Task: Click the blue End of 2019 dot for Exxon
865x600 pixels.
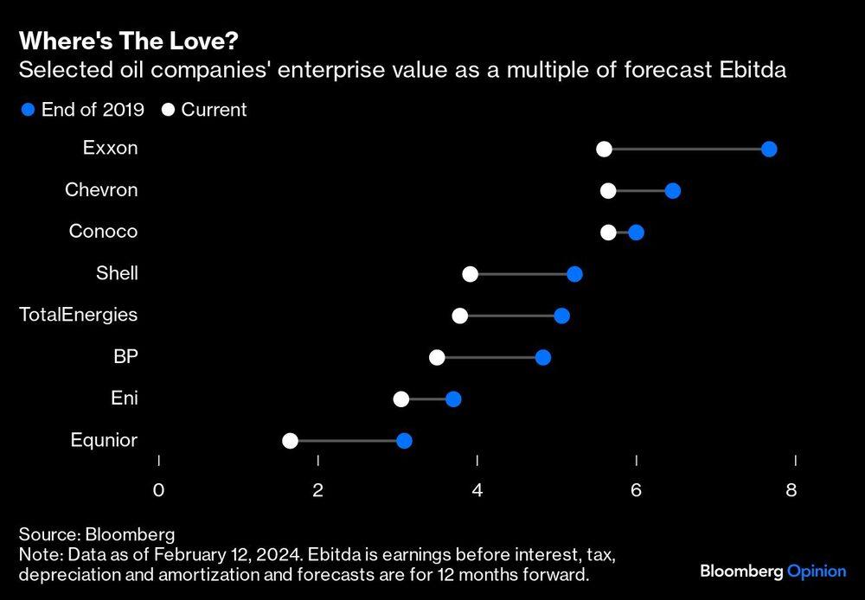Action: click(769, 150)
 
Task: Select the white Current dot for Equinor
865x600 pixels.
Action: click(290, 441)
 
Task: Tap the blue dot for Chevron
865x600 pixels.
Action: click(672, 191)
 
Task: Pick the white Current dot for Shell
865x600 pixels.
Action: click(470, 274)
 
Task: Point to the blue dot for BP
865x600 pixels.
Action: click(542, 358)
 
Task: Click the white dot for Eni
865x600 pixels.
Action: click(400, 399)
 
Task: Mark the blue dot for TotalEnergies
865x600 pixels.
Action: click(561, 316)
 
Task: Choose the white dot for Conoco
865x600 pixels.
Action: click(608, 233)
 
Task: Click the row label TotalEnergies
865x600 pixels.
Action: click(79, 315)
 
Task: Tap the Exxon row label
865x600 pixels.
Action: click(110, 148)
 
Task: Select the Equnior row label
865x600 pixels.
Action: click(104, 440)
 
